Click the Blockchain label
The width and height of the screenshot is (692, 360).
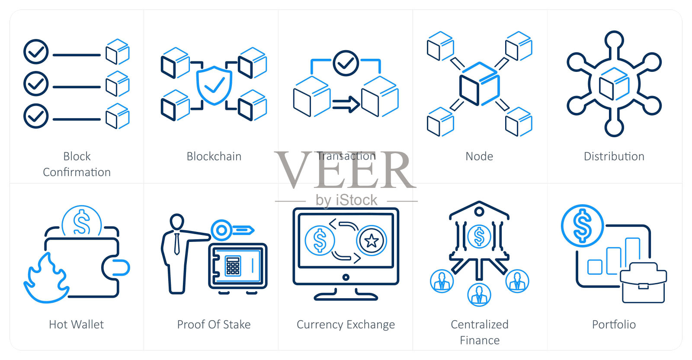click(214, 156)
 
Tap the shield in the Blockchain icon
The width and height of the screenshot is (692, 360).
click(214, 85)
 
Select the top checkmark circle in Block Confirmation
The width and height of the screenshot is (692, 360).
click(36, 52)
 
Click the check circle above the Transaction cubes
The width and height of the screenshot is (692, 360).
click(346, 63)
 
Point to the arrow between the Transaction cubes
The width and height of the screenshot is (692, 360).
click(346, 104)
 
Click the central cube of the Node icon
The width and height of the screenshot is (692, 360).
click(479, 84)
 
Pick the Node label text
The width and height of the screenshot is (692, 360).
click(479, 156)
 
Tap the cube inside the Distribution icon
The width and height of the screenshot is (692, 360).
click(614, 84)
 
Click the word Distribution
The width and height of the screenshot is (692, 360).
click(614, 156)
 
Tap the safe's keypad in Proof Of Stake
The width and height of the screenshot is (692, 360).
click(233, 266)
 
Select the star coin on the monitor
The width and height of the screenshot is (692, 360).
click(372, 241)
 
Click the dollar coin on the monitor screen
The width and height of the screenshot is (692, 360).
click(320, 241)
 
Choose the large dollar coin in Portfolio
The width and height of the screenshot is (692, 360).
click(582, 226)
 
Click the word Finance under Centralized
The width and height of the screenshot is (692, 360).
click(479, 341)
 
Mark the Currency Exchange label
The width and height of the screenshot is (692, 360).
click(346, 325)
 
